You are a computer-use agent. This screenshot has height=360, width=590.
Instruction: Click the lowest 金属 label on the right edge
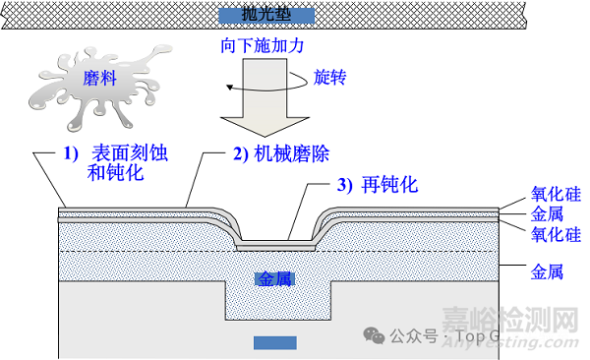(x=547, y=270)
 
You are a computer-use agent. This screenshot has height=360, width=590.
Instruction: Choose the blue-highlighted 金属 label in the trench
(x=274, y=279)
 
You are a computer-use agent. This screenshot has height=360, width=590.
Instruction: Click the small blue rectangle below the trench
(x=274, y=342)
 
